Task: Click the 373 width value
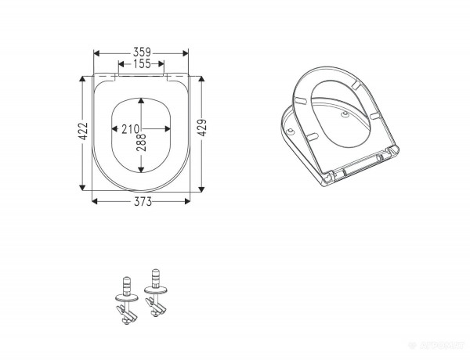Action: (141, 202)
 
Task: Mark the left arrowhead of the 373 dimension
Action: (96, 202)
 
